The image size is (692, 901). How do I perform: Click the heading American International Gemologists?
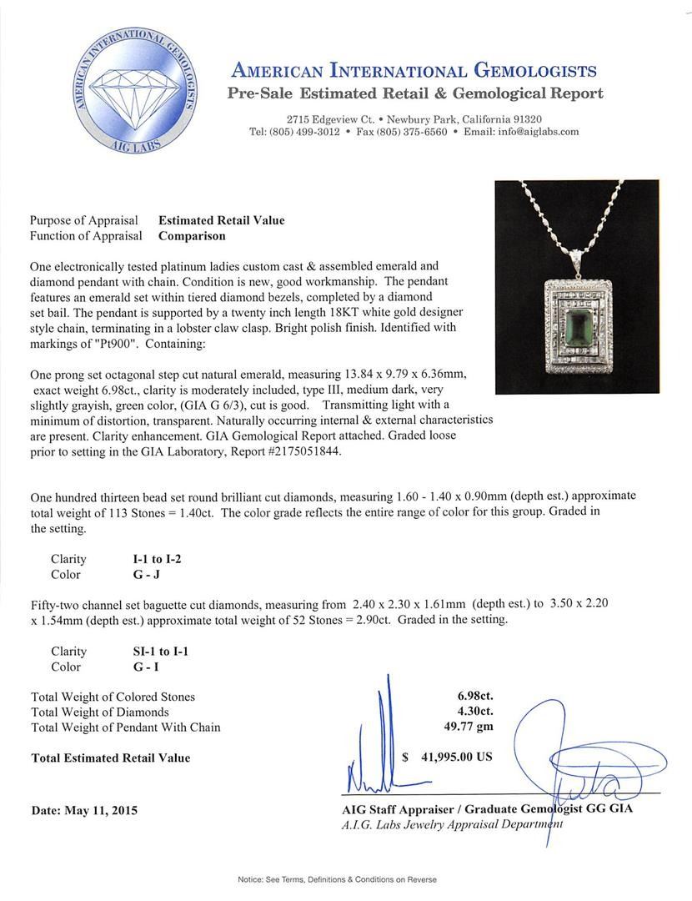(414, 70)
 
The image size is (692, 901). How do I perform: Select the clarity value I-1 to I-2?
(151, 559)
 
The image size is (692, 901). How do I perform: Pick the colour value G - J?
(138, 574)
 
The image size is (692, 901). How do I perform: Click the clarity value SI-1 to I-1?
(154, 652)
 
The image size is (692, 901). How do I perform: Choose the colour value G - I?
(137, 667)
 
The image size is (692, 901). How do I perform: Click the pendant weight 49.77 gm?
(469, 727)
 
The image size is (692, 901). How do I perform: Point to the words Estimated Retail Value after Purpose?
(221, 220)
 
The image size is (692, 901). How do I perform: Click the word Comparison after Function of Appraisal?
(192, 235)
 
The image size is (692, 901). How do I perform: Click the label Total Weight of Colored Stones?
(113, 697)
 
